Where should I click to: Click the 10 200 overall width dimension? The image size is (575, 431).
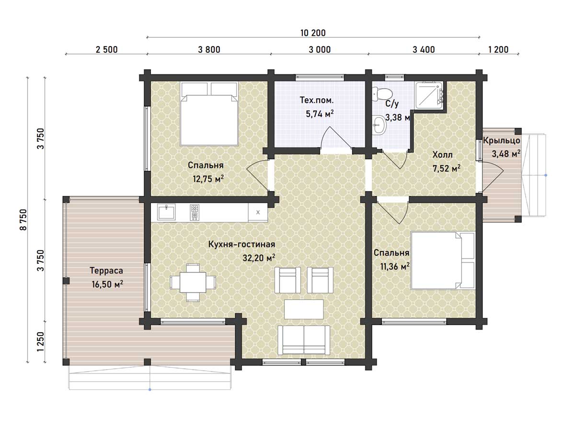click(x=313, y=33)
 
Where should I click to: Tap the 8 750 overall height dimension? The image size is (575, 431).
click(x=23, y=219)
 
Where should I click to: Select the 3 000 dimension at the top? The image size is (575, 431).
click(x=320, y=49)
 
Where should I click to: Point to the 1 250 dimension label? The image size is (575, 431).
click(x=41, y=342)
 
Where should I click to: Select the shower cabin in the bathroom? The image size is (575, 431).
click(x=428, y=95)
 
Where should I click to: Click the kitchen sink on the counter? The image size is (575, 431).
click(x=166, y=212)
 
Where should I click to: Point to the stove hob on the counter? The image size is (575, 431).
click(x=195, y=212)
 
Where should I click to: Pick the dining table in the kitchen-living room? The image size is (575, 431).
click(x=193, y=283)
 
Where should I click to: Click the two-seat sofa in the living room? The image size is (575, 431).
click(x=304, y=340)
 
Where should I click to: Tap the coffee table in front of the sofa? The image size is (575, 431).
click(x=304, y=309)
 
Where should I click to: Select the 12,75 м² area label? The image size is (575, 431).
click(x=208, y=179)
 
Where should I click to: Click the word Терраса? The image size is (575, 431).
click(x=106, y=270)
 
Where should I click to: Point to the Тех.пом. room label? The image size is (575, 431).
click(x=317, y=100)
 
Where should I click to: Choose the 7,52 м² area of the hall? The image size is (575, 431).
click(x=447, y=168)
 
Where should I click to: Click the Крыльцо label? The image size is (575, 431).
click(x=502, y=140)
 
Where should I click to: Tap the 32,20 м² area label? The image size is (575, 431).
click(x=259, y=258)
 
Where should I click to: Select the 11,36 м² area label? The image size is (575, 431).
click(x=395, y=266)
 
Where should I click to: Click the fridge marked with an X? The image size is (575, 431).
click(x=258, y=213)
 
